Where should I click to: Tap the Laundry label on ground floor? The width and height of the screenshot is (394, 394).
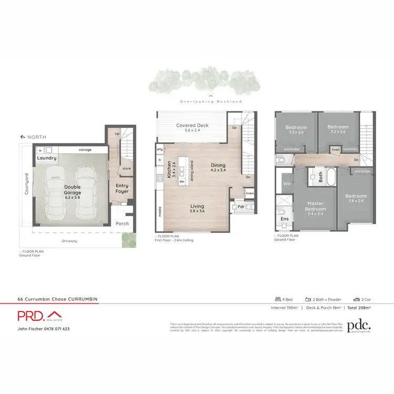tap(47, 158)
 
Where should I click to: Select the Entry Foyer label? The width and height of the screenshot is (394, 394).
tap(122, 188)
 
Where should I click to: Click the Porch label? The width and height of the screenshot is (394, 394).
tap(122, 223)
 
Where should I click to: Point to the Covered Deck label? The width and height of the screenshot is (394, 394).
tap(192, 126)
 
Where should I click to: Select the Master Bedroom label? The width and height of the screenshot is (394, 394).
tap(315, 206)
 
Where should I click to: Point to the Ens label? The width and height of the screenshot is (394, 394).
tap(285, 219)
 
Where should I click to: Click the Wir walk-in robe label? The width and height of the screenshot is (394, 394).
tap(286, 184)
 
